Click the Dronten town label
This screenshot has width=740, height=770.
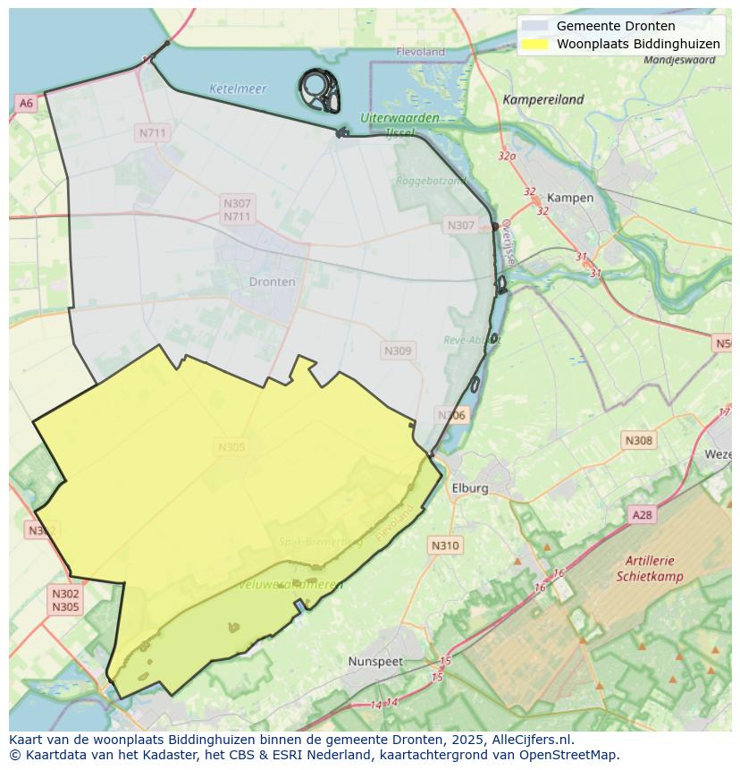[x=272, y=282]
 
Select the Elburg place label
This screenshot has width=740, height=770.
[x=470, y=488]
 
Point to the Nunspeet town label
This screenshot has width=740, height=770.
[x=375, y=662]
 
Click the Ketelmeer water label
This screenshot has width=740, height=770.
[x=238, y=89]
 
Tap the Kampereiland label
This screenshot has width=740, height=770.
[x=542, y=100]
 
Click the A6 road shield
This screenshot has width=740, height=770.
[x=26, y=104]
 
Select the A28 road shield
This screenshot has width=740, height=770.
[x=642, y=515]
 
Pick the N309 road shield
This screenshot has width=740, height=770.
[x=398, y=351]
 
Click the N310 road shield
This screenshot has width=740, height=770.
[x=444, y=546]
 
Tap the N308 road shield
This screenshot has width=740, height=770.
[x=638, y=440]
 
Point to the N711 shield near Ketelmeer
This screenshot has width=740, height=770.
[x=153, y=133]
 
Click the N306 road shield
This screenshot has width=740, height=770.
[x=451, y=415]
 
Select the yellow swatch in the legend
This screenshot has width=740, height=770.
[x=534, y=44]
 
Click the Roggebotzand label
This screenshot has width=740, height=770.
[x=431, y=181]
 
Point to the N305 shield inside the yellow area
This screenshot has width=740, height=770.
[x=231, y=448]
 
